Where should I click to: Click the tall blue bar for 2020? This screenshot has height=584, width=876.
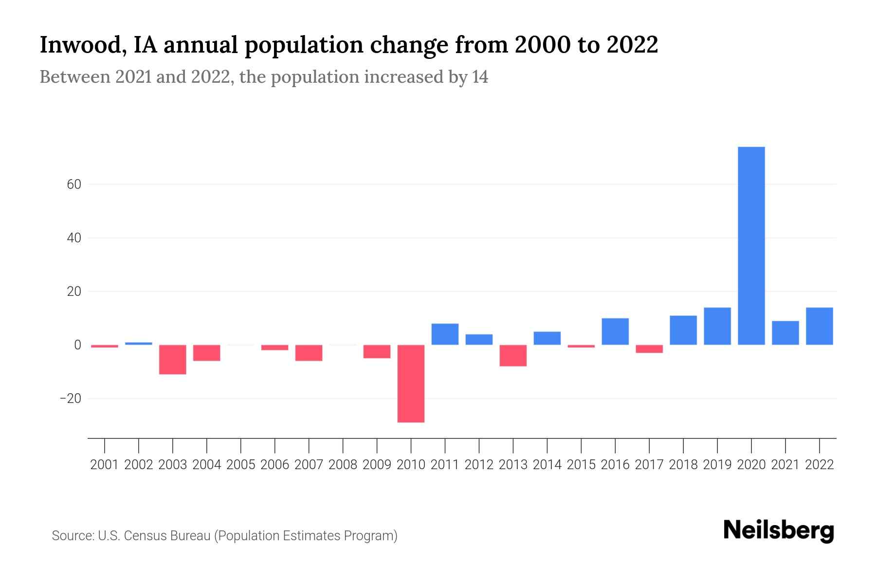[751, 246]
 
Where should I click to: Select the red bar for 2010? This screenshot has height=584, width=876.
[411, 383]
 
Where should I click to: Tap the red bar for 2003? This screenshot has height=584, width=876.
[172, 359]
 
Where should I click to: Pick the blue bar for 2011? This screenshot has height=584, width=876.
[445, 334]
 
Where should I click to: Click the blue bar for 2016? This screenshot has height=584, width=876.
[615, 331]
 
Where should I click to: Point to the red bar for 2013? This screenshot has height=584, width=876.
[513, 355]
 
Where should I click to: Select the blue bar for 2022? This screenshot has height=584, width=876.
[819, 326]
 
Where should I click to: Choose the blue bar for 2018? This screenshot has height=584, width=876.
[683, 330]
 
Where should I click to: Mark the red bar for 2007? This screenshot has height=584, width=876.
[309, 353]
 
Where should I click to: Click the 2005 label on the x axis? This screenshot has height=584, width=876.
[241, 465]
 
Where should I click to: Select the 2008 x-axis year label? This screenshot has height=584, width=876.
[343, 465]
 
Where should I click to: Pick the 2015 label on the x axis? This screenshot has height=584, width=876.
[581, 465]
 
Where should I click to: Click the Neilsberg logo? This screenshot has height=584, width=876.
[779, 531]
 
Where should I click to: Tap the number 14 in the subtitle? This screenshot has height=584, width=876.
[480, 77]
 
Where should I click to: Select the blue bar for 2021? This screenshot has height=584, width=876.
[785, 333]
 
